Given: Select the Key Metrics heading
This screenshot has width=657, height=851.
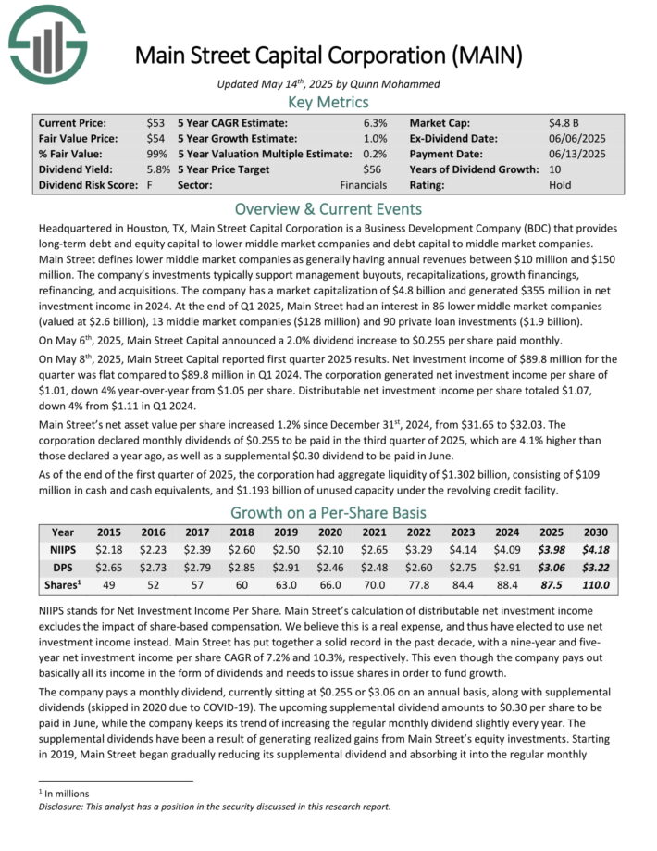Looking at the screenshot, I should coord(328,102).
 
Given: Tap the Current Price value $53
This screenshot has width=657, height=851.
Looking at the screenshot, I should coord(155,122).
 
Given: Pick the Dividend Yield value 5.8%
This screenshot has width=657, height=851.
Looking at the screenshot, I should coord(158,169).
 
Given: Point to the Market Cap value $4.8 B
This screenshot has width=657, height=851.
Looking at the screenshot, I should coord(564,122).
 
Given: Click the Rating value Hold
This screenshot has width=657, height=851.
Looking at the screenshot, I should coord(561,185).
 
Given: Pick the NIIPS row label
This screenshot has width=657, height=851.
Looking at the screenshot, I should coord(63,550).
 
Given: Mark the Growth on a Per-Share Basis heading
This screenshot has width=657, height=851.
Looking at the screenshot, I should coord(328,511).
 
